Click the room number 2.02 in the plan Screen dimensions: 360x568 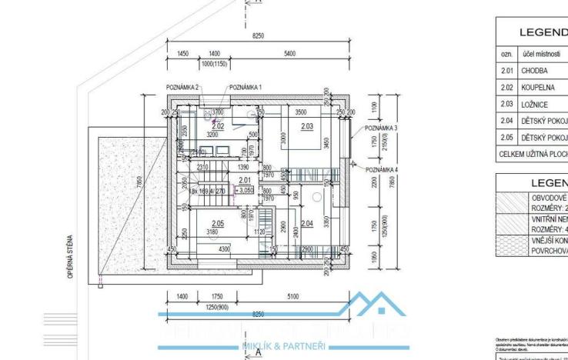tap(218, 125)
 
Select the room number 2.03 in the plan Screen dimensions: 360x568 tap(306, 125)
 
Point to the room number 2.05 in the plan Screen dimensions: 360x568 tap(218, 222)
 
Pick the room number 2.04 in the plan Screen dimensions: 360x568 tap(307, 223)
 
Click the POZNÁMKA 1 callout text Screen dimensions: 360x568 tap(245, 88)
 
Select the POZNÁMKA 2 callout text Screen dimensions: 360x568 tap(182, 88)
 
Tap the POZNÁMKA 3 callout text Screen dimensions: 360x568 tap(381, 128)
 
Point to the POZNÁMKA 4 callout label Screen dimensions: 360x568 tap(381, 169)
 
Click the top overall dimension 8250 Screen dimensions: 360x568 tap(258, 36)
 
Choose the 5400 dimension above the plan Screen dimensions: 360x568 tap(289, 54)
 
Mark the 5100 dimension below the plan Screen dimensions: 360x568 tap(293, 295)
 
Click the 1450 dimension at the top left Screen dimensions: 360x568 tap(183, 54)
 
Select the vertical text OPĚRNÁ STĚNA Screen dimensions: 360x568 tap(71, 251)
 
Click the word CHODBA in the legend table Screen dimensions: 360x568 tap(535, 70)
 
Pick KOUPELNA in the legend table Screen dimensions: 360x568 tap(539, 87)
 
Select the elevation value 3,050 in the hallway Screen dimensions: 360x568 tap(246, 190)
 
